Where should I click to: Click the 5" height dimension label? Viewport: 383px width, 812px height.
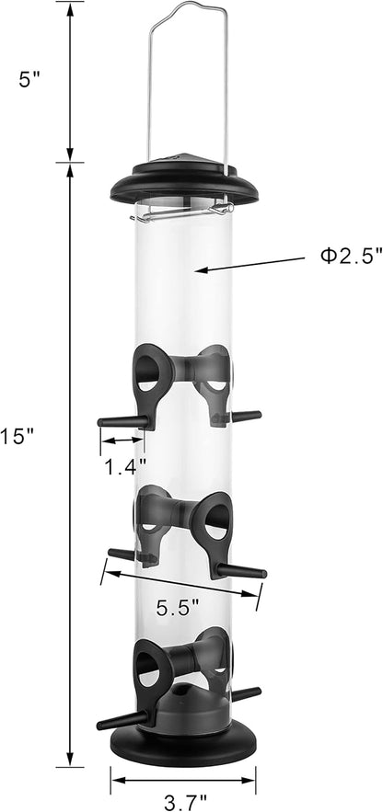(29, 81)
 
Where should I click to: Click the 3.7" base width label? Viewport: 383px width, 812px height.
(184, 804)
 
